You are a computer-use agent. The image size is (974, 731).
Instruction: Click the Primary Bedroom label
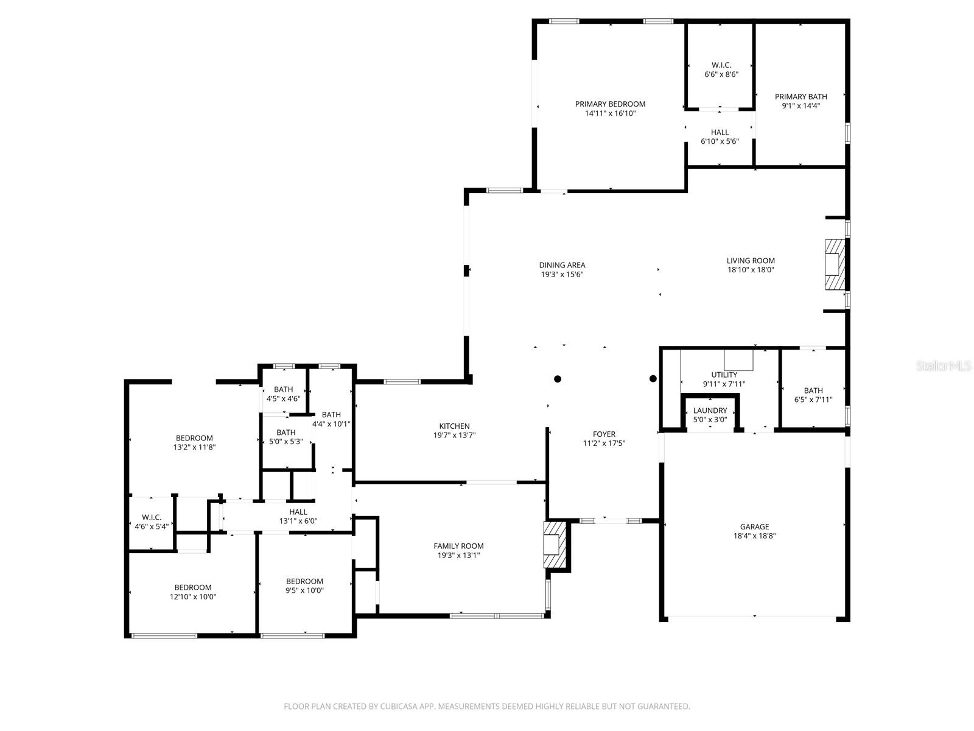point(610,104)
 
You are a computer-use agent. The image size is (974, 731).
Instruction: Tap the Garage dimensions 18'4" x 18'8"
point(754,535)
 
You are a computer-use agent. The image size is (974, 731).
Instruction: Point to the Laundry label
point(710,411)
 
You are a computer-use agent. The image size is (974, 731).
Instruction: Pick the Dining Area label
point(562,265)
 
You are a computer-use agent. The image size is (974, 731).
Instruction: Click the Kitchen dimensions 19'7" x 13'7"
point(454,436)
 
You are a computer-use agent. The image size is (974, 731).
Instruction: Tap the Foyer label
point(604,434)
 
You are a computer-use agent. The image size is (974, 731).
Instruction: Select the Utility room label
point(724,375)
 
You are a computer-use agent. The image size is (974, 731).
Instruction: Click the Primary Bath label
point(801,96)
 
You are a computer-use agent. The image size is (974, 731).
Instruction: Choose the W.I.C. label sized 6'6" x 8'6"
point(721,65)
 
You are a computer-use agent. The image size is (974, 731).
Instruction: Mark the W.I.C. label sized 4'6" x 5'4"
point(152,517)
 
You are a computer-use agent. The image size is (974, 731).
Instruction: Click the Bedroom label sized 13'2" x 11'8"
point(194,438)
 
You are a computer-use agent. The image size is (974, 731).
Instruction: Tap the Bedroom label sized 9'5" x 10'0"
point(304,581)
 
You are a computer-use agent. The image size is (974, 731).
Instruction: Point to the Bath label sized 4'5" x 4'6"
point(284,389)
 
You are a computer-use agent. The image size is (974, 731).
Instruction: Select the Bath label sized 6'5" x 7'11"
point(813,390)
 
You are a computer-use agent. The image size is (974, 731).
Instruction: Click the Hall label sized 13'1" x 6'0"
point(298,512)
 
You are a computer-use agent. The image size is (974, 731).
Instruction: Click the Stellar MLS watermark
point(944,365)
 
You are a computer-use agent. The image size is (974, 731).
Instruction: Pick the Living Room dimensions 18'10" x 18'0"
point(751,269)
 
